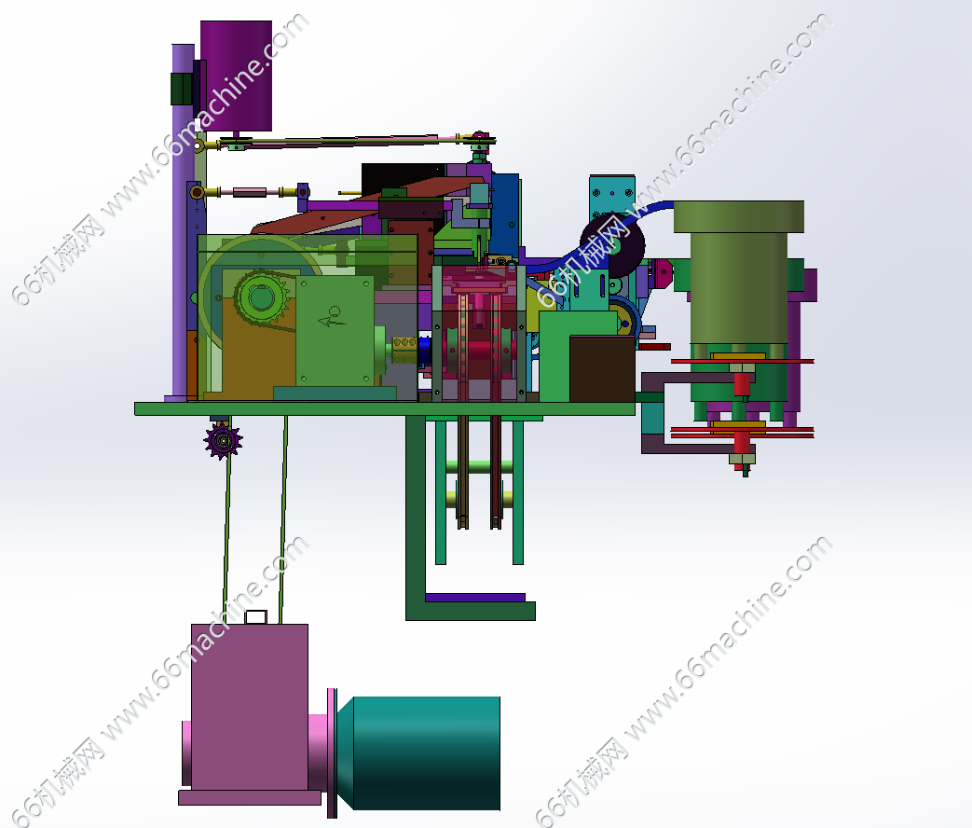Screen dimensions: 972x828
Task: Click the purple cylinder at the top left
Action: [236, 76]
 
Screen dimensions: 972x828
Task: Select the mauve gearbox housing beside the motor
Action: [250, 707]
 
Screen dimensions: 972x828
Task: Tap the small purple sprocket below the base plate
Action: [223, 440]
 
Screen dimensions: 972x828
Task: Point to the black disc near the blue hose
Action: [612, 245]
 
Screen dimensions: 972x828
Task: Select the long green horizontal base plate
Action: [384, 408]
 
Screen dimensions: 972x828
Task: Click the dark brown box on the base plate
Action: [602, 368]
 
